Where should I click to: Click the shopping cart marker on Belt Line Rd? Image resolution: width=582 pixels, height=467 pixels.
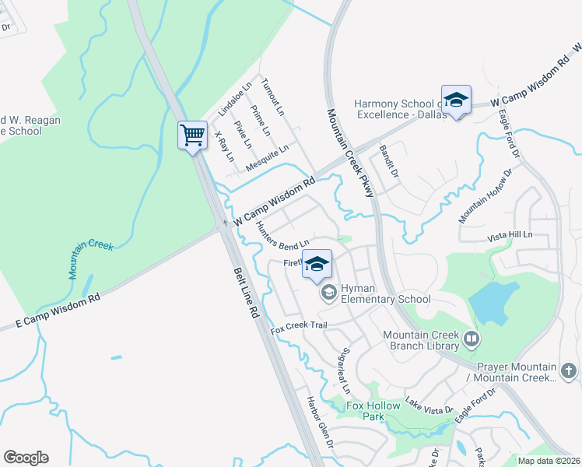click(192, 135)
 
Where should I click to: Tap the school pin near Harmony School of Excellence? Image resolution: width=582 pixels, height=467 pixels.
click(456, 100)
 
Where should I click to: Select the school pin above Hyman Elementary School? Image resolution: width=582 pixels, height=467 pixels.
click(317, 264)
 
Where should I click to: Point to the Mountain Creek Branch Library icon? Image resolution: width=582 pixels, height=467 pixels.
click(471, 339)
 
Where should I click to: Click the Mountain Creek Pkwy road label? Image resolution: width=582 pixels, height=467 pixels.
click(351, 153)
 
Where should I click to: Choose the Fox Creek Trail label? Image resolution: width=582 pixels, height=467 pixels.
click(299, 328)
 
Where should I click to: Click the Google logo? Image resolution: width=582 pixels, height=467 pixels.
click(26, 458)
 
